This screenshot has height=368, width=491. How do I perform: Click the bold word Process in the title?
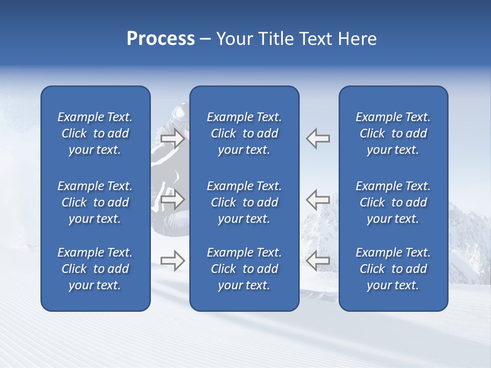tap(161, 38)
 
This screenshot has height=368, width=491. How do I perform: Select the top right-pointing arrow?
tap(172, 139)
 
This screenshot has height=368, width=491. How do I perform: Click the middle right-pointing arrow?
tap(172, 199)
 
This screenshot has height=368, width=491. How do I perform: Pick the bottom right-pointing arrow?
tap(172, 261)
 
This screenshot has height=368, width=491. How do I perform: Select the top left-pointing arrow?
tap(318, 139)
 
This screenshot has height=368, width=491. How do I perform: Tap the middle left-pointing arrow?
tap(318, 199)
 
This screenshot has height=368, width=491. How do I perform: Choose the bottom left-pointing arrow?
tap(318, 261)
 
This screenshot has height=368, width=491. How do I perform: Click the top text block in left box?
tap(95, 133)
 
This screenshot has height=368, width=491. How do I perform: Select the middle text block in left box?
tap(95, 202)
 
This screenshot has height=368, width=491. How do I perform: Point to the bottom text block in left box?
tap(95, 269)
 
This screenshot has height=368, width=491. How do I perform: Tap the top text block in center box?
tap(244, 133)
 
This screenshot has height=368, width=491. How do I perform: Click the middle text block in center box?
tap(244, 202)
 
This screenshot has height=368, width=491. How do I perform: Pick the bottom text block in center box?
tap(244, 269)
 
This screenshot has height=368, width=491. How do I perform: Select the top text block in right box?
tap(393, 133)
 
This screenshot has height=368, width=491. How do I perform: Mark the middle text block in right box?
tap(393, 202)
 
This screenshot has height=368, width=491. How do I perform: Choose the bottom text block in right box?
tap(393, 269)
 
